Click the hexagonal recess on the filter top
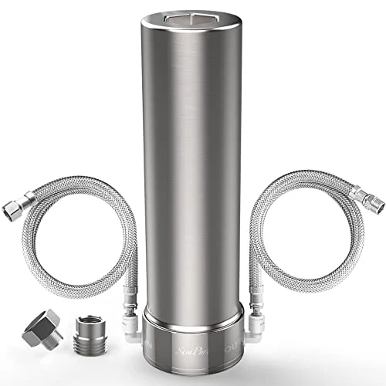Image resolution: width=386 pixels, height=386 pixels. click(194, 16)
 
